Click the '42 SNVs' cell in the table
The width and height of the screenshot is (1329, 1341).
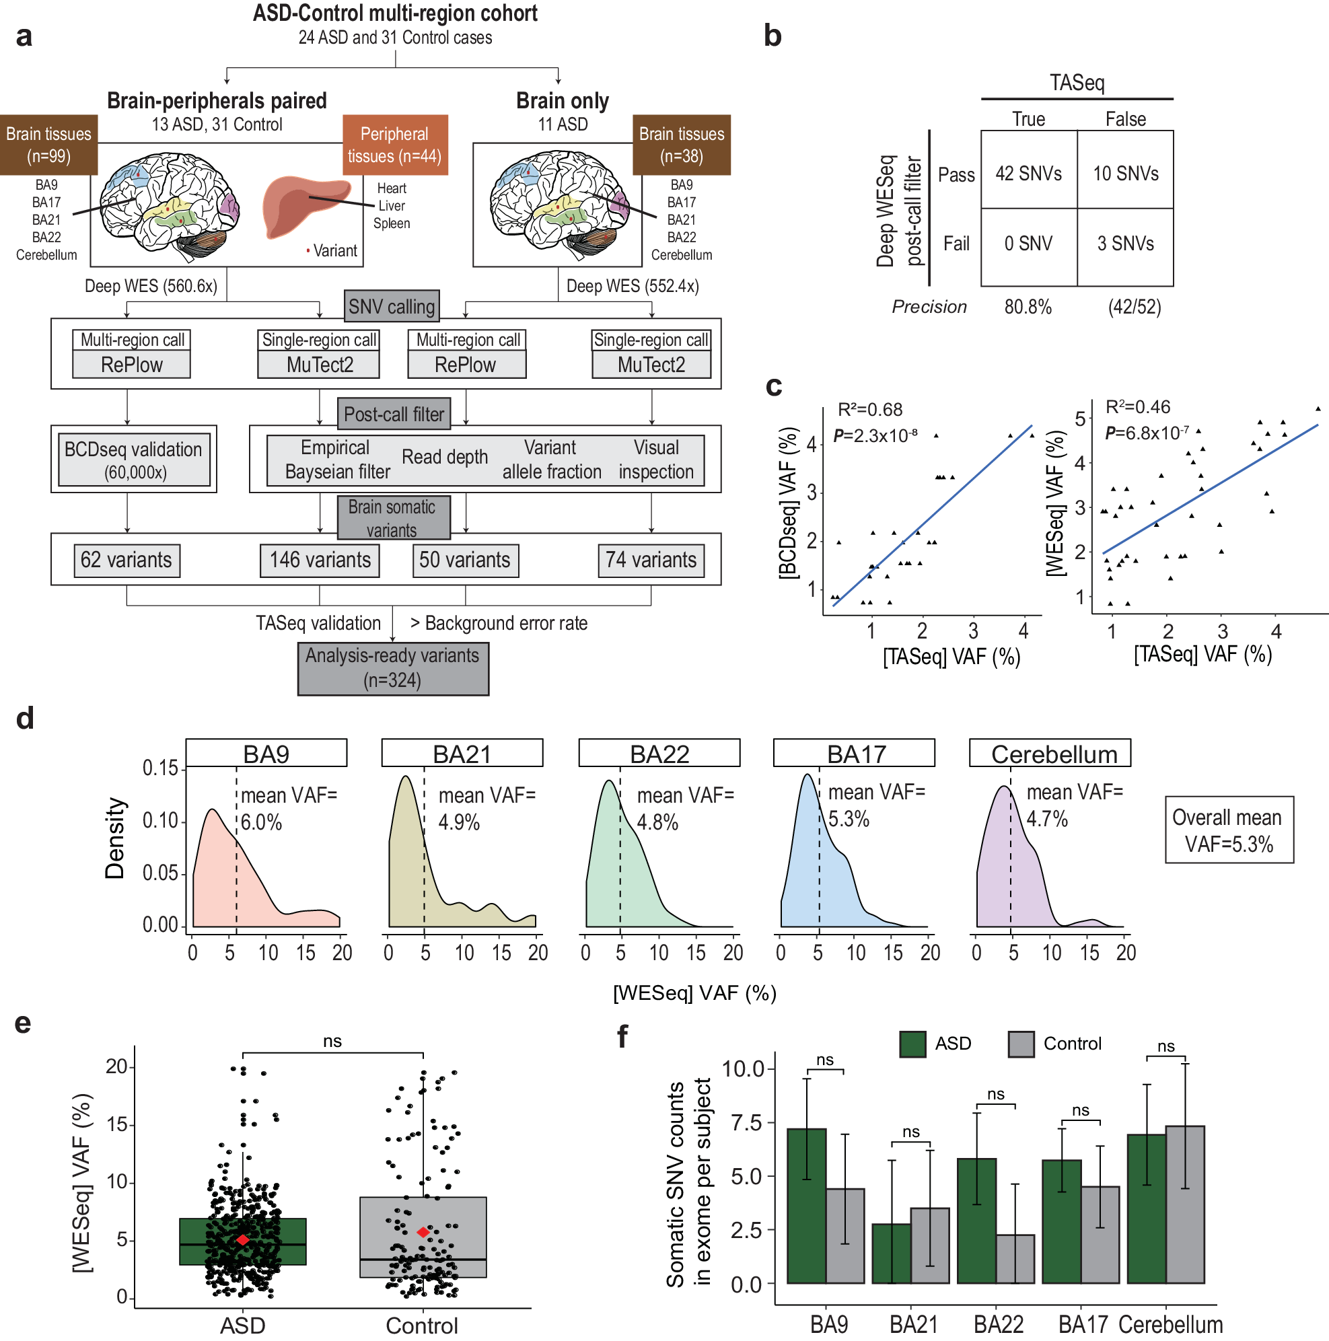point(1028,173)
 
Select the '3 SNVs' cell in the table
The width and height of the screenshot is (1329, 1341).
point(1125,244)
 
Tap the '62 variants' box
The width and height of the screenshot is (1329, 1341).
point(127,560)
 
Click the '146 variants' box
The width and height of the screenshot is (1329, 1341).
point(320,560)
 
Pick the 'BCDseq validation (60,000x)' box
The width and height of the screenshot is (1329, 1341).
point(133,460)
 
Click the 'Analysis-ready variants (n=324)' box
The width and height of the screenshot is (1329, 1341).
point(393,667)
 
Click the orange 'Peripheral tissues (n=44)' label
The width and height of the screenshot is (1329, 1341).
point(395,145)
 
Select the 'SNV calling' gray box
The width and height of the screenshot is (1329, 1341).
point(392,306)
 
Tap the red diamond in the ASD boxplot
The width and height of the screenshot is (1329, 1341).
point(242,1239)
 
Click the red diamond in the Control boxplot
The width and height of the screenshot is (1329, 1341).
point(423,1232)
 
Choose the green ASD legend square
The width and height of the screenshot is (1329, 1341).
point(912,1044)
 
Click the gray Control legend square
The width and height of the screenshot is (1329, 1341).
point(1021,1044)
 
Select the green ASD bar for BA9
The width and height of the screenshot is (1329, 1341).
point(806,1206)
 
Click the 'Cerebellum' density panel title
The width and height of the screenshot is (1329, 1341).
point(1054,754)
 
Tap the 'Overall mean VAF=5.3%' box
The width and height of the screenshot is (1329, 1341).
point(1228,830)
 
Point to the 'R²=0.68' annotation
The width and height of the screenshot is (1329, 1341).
point(869,410)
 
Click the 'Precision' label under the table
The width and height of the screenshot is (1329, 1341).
point(929,307)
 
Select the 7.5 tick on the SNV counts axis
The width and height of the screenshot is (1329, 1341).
point(746,1122)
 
